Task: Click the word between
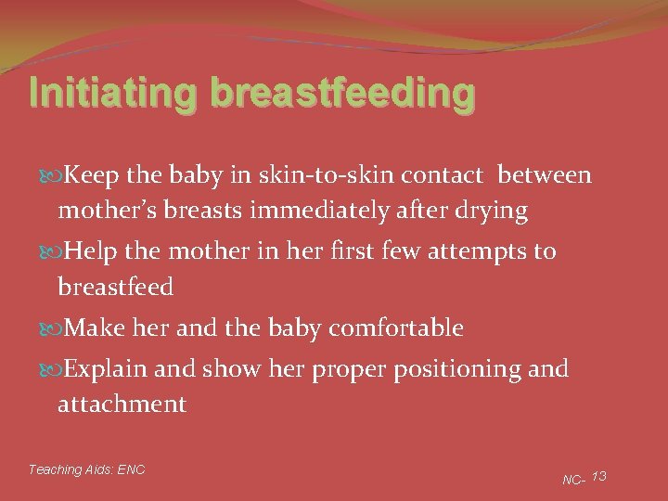(x=544, y=175)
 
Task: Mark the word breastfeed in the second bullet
(x=115, y=288)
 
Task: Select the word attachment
(x=122, y=405)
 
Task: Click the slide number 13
(x=598, y=476)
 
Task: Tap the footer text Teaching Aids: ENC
(x=86, y=469)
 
